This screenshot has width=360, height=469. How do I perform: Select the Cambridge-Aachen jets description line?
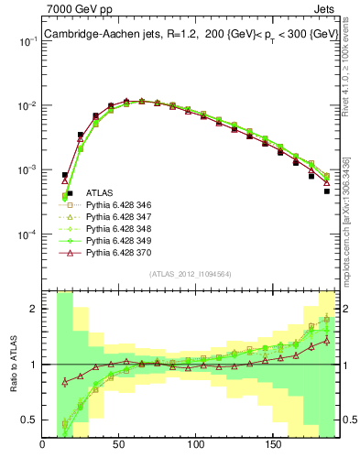click(185, 35)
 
